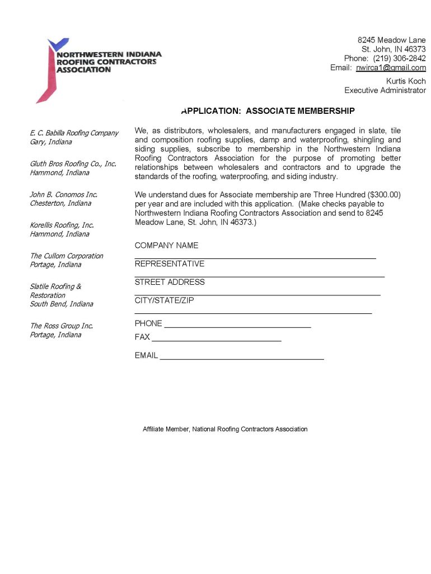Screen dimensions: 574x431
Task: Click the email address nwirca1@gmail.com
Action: [x=391, y=68]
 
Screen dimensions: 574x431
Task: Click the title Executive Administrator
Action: [x=385, y=90]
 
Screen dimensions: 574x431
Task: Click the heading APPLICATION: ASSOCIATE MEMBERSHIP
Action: [x=268, y=111]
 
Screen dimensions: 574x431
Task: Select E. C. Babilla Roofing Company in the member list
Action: [x=74, y=133]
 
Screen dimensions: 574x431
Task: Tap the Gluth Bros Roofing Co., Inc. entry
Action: [x=73, y=164]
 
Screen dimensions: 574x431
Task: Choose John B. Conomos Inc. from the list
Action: [x=63, y=195]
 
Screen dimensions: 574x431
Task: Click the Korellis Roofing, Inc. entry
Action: [x=62, y=225]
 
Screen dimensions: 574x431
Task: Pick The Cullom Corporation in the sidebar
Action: [x=66, y=256]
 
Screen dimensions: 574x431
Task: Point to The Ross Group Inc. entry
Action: [x=61, y=326]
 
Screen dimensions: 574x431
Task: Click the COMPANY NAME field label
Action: [x=166, y=246]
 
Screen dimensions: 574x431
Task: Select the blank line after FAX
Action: [x=216, y=340]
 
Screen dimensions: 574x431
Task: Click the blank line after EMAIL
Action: [x=242, y=358]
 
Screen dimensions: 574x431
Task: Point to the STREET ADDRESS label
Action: [x=170, y=282]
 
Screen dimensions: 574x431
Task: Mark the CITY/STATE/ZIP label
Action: [x=164, y=300]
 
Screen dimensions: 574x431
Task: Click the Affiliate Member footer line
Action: [x=225, y=429]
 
